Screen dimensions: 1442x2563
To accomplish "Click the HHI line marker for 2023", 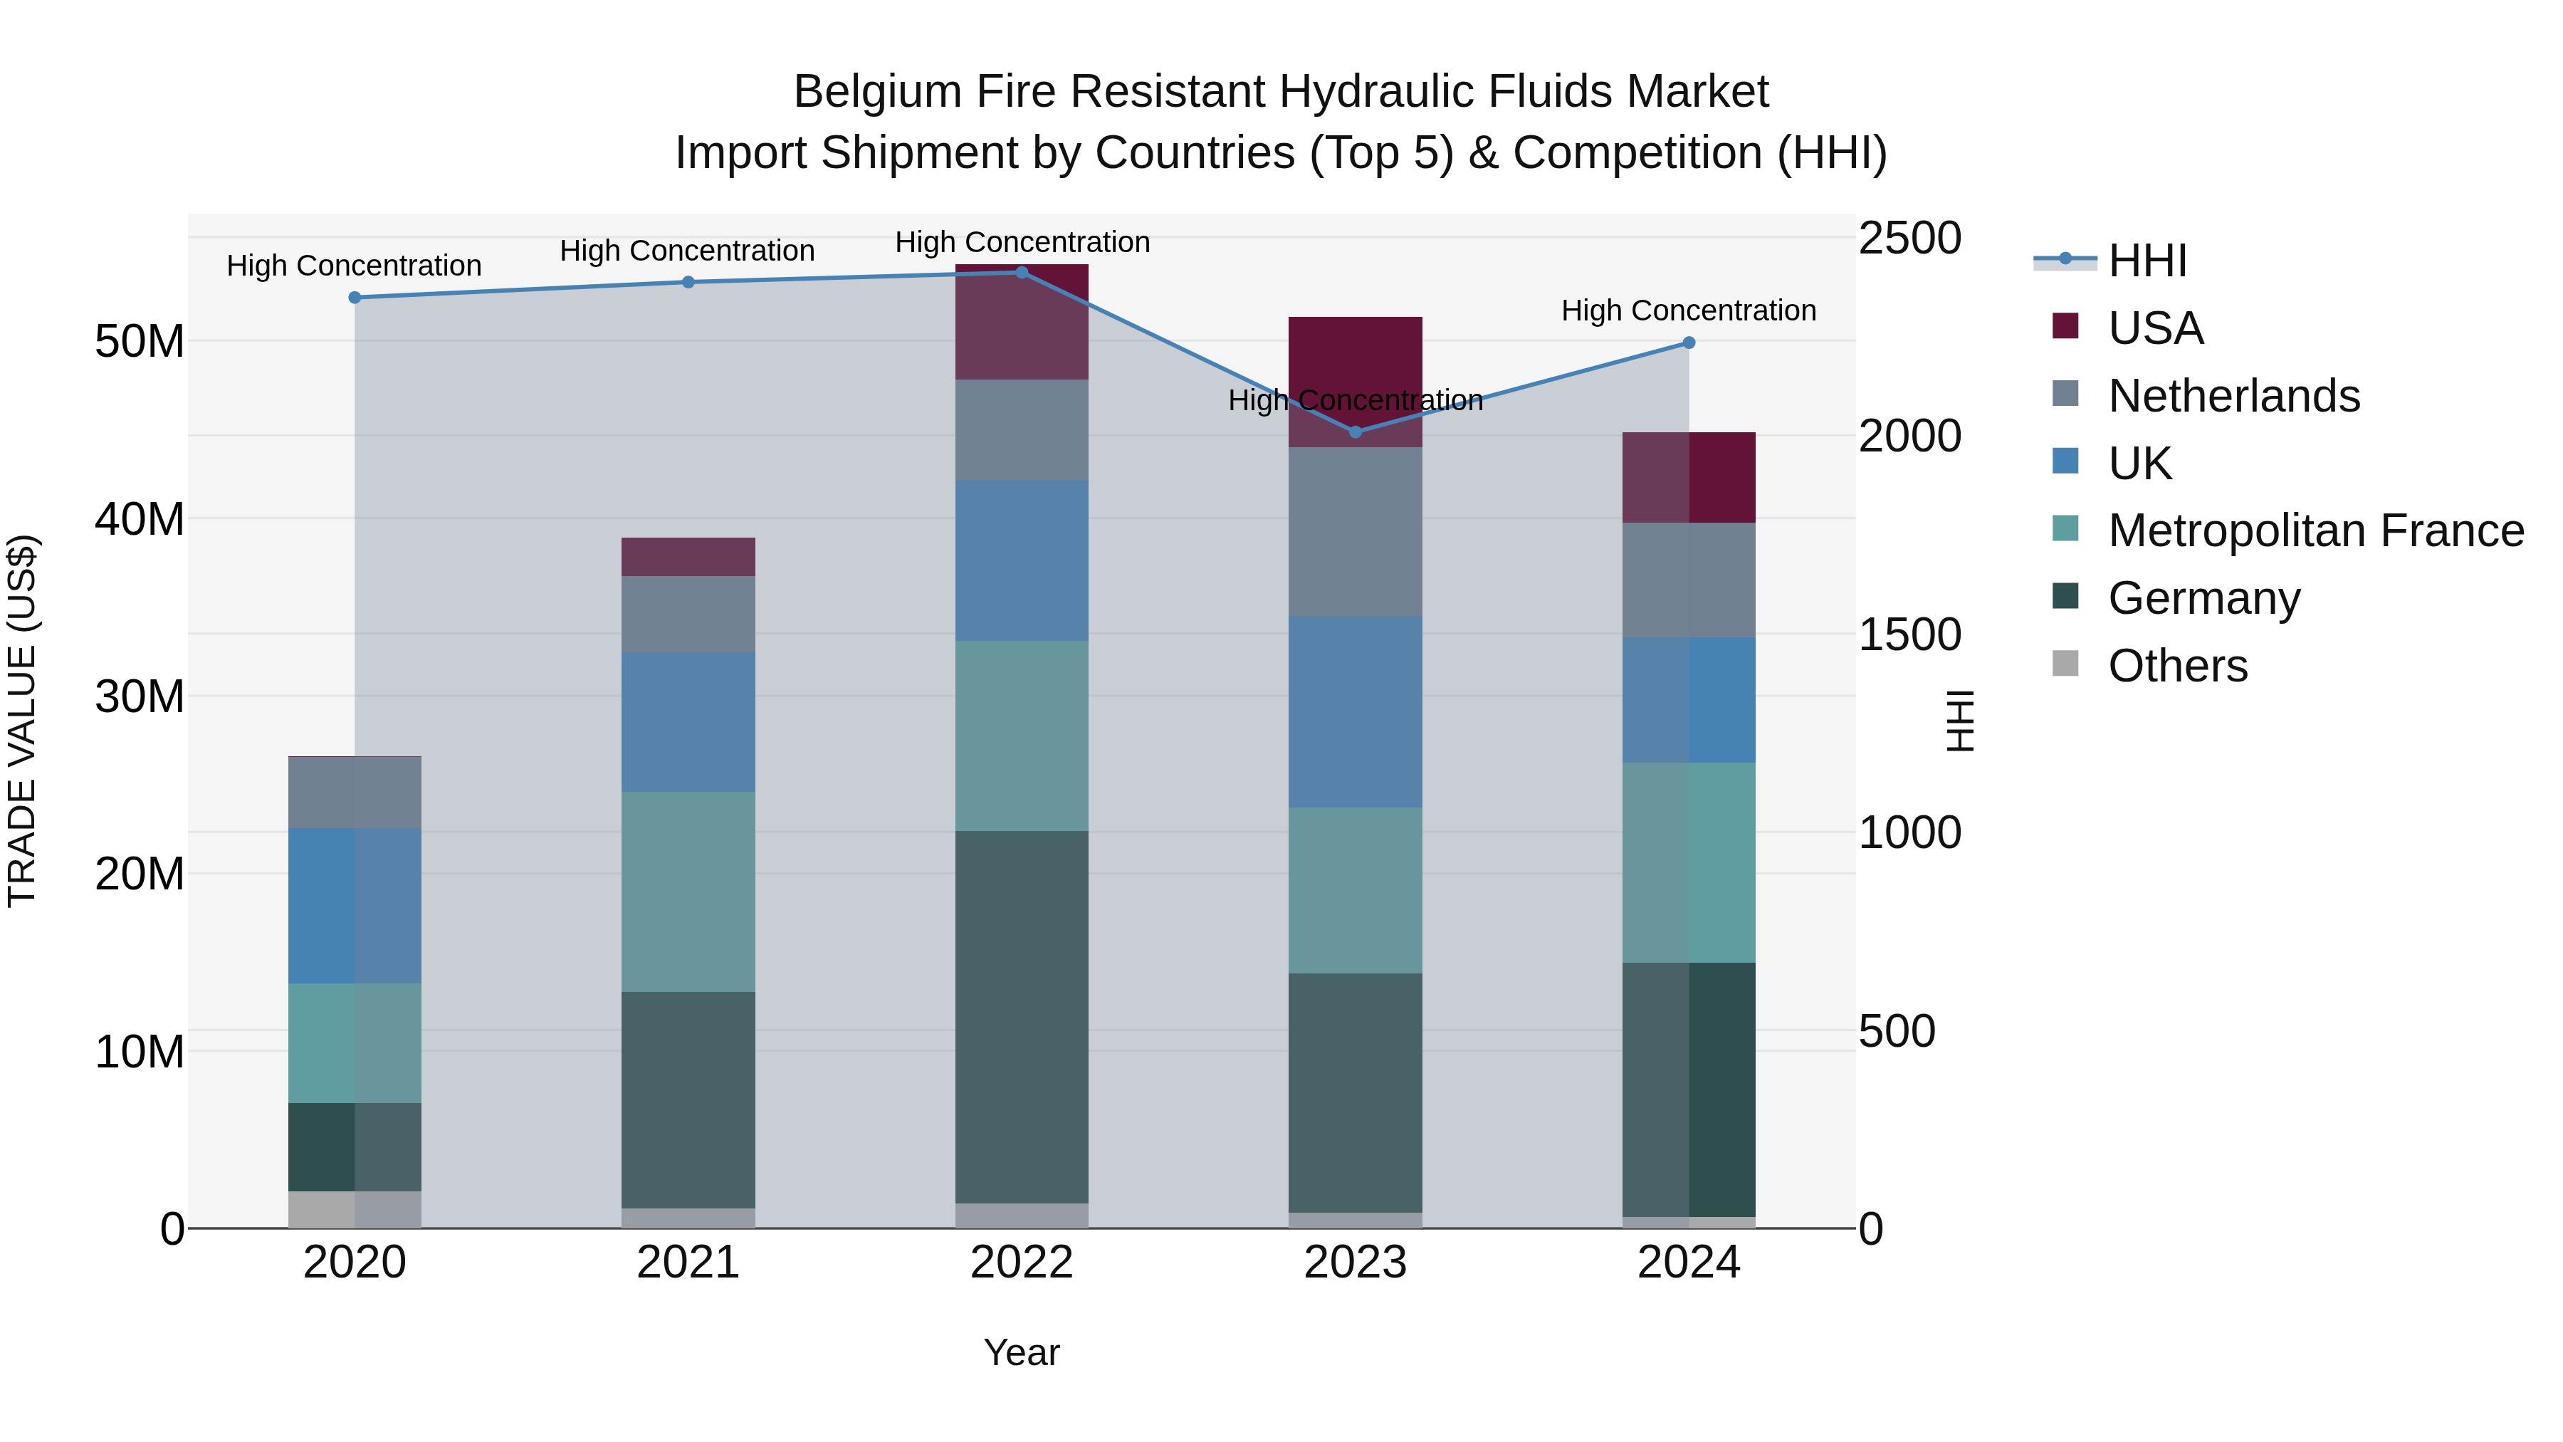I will coord(1355,432).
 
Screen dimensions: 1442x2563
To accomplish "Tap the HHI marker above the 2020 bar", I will coord(355,298).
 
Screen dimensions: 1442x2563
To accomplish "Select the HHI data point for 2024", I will coord(1689,343).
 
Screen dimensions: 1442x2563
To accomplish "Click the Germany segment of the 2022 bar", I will coord(1022,1016).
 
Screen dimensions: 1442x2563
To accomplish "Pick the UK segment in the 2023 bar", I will coord(1355,711).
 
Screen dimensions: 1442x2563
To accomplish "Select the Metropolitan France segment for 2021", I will coord(688,892).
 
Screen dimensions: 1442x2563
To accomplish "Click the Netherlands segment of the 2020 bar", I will coord(355,792).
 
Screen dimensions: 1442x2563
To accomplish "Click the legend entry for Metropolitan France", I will coord(2315,531).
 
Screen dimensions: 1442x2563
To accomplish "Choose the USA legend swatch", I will coord(2065,326).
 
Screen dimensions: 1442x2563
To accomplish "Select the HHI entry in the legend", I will coord(2147,261).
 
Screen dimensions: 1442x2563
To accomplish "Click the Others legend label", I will coord(2177,666).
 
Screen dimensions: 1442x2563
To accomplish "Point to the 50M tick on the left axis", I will coord(140,341).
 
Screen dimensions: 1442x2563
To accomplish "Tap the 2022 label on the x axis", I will coord(1022,1263).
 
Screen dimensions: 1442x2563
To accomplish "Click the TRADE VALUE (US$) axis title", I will coord(22,721).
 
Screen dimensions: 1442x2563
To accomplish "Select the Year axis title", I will coord(1022,1352).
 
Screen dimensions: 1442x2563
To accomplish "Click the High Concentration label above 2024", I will coord(1689,310).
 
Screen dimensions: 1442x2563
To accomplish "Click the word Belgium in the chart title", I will coord(876,92).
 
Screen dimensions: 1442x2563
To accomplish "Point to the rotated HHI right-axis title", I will coord(1959,721).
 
